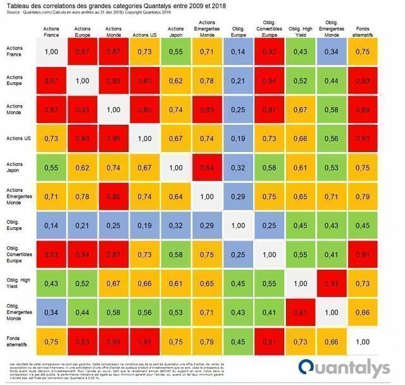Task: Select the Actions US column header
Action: (x=144, y=32)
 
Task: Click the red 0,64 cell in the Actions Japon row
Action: (x=207, y=167)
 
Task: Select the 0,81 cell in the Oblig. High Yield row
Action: (x=330, y=284)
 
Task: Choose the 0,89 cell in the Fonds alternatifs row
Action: (x=113, y=342)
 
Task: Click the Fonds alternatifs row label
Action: (x=17, y=342)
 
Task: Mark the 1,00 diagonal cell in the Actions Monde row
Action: (x=113, y=109)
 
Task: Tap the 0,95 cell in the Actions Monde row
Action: (x=145, y=109)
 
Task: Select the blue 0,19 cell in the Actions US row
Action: (x=238, y=138)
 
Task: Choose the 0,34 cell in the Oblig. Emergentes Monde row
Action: (x=52, y=313)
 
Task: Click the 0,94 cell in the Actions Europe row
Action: (x=269, y=80)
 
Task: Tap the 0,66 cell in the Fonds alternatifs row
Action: (x=330, y=342)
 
